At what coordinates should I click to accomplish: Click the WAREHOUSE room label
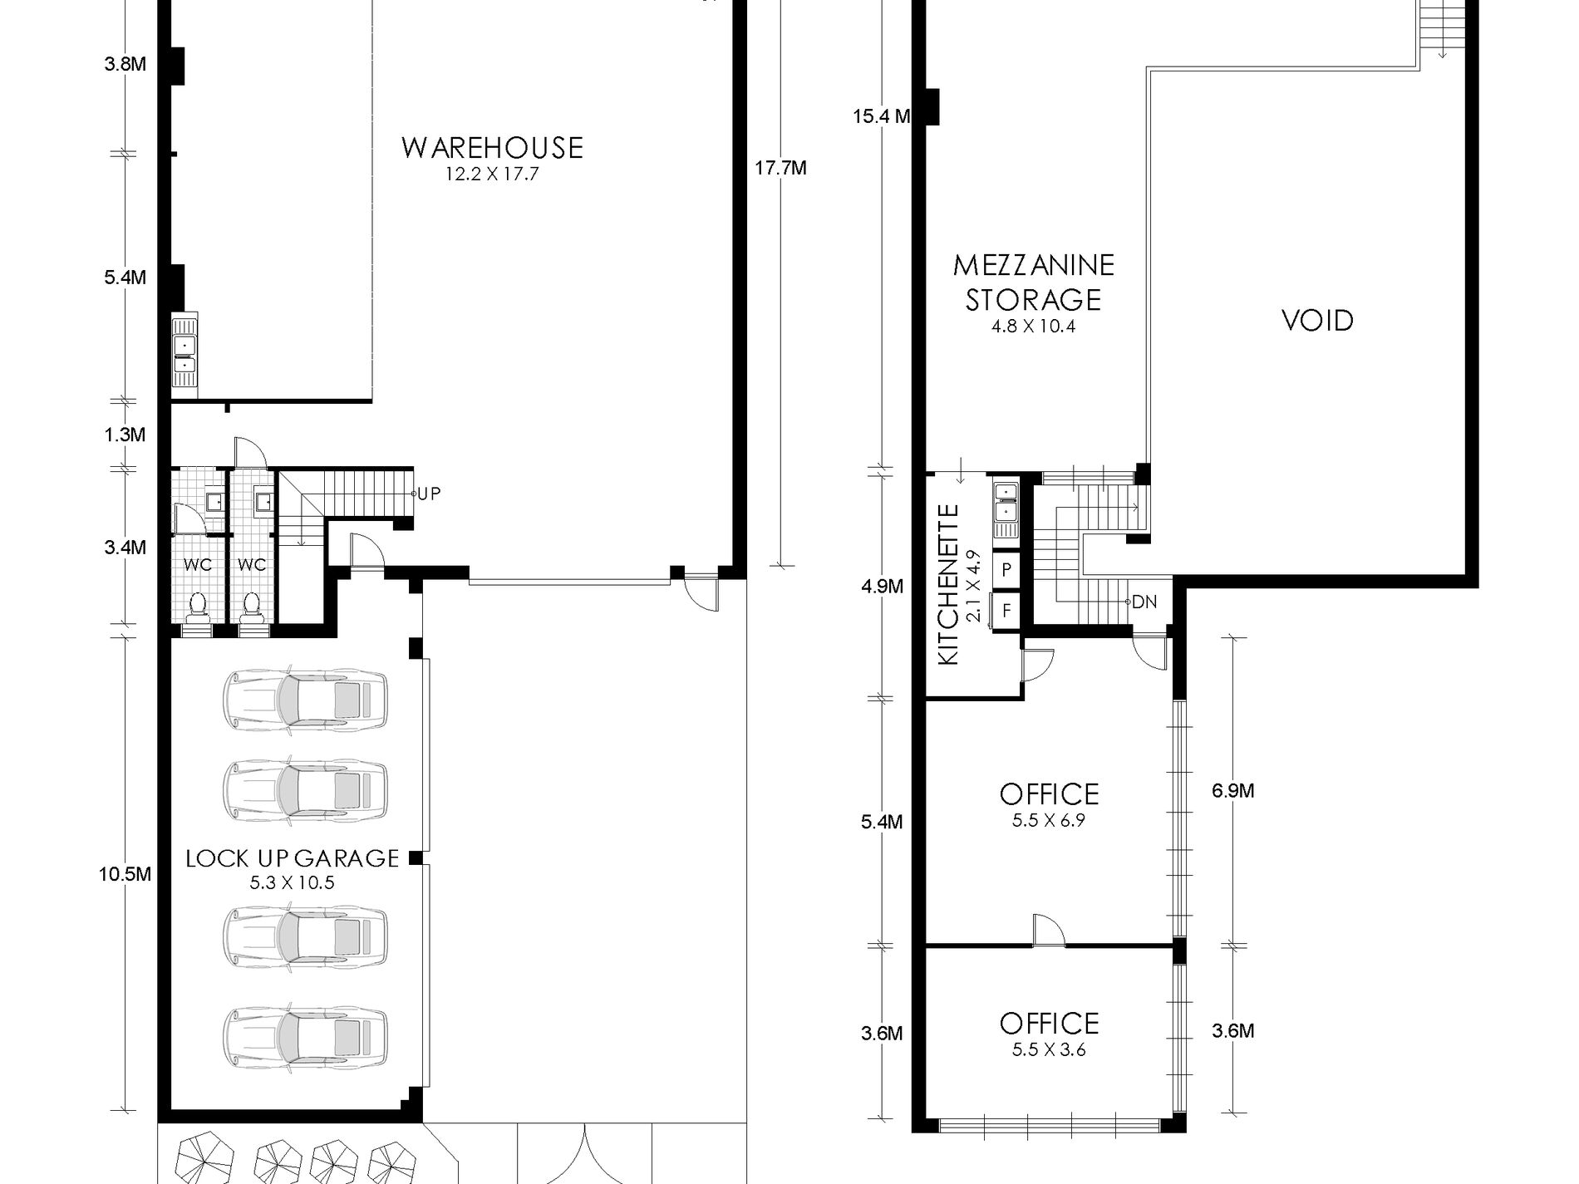492,148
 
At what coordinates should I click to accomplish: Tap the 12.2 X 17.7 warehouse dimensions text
492,174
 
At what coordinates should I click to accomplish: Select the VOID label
1317,321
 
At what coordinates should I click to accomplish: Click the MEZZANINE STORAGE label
1033,282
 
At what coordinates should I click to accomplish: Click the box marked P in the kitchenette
1006,570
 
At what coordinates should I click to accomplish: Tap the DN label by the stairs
1144,602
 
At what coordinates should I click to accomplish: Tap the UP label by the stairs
429,494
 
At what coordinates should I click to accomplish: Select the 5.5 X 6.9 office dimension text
1049,821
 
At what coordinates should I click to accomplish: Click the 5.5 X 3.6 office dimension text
1049,1050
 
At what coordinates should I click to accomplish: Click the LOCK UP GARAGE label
293,858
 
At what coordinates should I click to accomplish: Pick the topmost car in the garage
305,696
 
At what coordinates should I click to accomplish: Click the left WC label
198,565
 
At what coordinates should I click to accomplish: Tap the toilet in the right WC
250,607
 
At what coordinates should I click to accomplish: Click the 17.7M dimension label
780,169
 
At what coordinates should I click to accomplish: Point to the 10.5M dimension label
125,874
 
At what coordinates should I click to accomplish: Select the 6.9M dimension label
1232,791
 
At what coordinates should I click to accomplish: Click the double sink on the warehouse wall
184,353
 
